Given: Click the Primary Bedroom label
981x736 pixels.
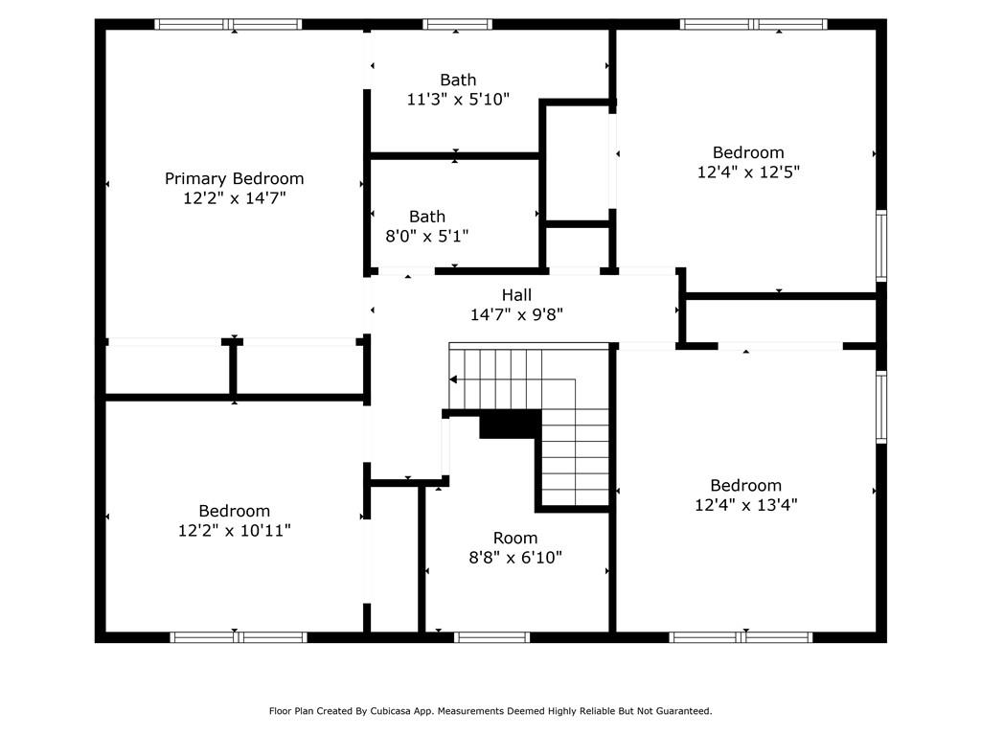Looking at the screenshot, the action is [234, 179].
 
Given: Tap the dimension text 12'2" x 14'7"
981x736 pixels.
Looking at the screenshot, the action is [235, 198].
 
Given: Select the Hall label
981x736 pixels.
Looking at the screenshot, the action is [516, 295].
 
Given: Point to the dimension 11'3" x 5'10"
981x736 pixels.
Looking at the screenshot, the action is [458, 100].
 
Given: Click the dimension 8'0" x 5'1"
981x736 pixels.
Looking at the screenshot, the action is [427, 236].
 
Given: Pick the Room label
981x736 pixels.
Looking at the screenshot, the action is [514, 539].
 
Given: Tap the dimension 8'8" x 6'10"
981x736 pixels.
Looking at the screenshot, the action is [515, 558].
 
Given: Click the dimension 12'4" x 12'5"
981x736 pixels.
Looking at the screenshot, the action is [748, 172].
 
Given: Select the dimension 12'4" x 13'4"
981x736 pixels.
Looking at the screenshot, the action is [745, 505].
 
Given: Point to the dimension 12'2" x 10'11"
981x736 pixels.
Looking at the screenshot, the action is [235, 531].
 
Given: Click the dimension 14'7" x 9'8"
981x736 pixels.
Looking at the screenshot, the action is [516, 314].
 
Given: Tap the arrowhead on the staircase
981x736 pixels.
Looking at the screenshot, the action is [453, 379].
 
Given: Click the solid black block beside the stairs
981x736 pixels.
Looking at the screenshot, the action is [510, 425].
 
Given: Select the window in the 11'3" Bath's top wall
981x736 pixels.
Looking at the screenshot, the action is [457, 24].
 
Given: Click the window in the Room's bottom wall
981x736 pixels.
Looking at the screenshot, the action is [491, 637].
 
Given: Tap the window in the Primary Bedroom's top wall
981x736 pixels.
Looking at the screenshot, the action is [228, 24].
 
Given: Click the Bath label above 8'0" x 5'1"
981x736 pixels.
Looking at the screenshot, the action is [427, 217].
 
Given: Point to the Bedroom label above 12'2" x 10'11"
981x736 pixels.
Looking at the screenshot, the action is [235, 512].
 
